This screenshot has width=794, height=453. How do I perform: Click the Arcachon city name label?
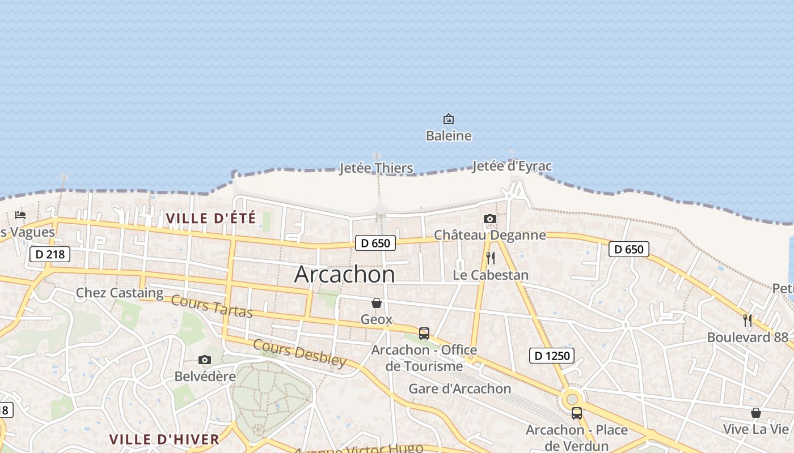tap(344, 275)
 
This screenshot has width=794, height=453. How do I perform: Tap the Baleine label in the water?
tap(449, 136)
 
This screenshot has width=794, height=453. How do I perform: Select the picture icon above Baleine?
tap(449, 119)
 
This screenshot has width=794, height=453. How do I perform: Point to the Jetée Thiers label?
tap(376, 168)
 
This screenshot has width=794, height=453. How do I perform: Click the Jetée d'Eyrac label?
tap(512, 166)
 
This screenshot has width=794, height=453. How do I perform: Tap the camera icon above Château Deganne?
tap(490, 219)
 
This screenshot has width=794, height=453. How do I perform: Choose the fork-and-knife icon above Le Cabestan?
tap(491, 258)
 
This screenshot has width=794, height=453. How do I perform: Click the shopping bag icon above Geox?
tap(377, 303)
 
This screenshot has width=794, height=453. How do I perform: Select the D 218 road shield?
tap(50, 254)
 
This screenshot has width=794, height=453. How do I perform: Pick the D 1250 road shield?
tap(552, 356)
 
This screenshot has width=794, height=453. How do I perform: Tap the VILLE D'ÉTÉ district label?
tap(211, 218)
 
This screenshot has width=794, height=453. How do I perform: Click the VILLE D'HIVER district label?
tap(164, 439)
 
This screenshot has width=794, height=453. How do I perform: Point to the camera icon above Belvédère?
tap(205, 360)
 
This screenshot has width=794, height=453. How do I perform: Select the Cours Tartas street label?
tap(212, 306)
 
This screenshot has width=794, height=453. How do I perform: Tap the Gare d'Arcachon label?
tap(460, 389)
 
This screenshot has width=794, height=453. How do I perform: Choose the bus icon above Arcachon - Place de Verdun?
tap(577, 413)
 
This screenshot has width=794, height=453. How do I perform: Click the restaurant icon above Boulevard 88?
tap(747, 320)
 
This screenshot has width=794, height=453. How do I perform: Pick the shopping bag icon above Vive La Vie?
tap(755, 413)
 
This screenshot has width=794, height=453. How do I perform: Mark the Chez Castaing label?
tap(120, 293)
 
